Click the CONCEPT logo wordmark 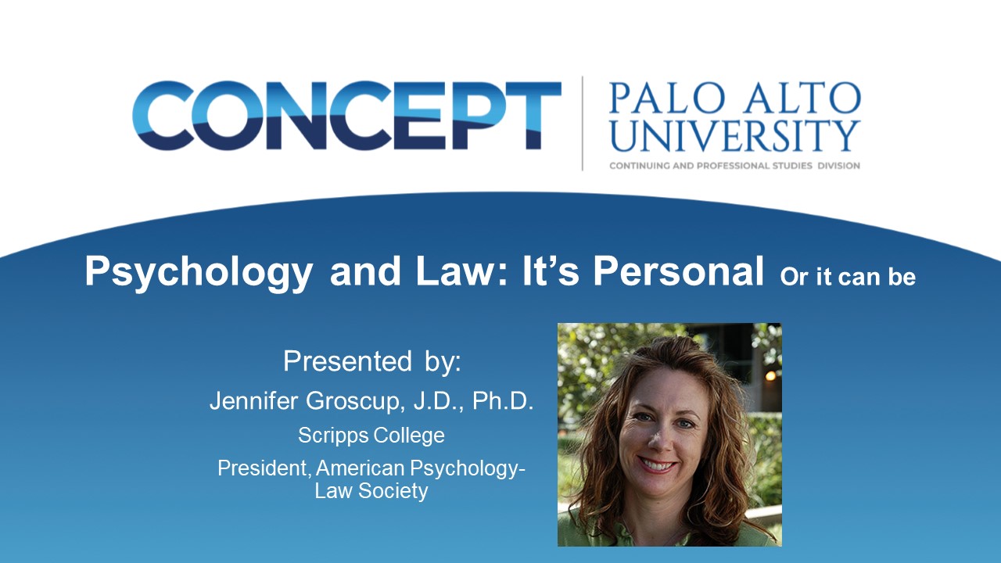point(346,115)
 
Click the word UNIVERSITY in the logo point(734,136)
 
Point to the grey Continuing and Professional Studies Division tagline point(734,166)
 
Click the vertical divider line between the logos point(583,124)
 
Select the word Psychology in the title point(199,272)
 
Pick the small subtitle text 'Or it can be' point(848,277)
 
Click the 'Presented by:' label point(371,362)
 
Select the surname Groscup point(355,402)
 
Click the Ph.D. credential point(503,401)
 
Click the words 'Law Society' point(371,490)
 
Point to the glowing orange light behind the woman point(770,376)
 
